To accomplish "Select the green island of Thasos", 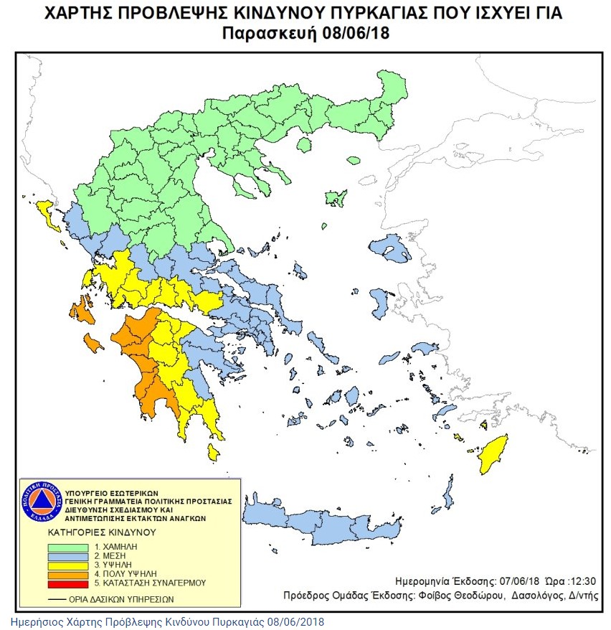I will [303, 146].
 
